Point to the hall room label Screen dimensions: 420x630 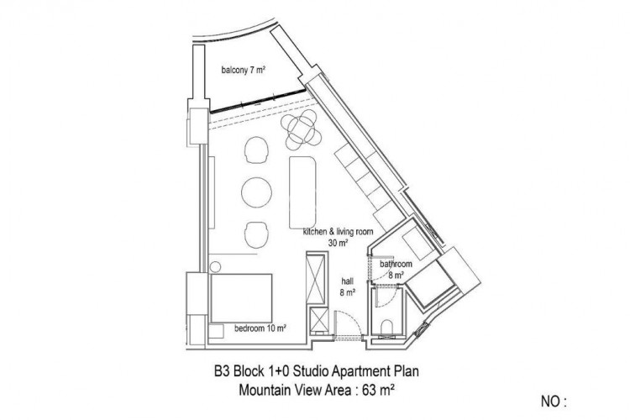click(347, 288)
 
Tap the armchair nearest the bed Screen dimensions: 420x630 click(257, 234)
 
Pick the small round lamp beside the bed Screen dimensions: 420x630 click(215, 268)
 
